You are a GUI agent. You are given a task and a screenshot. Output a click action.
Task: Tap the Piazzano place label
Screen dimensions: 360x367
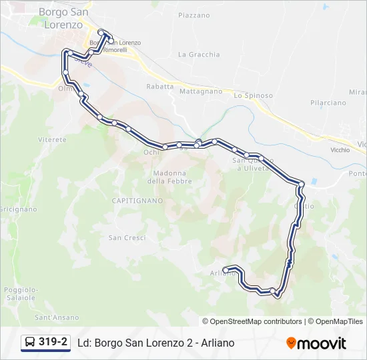pyautogui.click(x=194, y=15)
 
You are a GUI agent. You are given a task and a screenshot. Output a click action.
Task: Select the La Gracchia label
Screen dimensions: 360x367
pyautogui.click(x=199, y=55)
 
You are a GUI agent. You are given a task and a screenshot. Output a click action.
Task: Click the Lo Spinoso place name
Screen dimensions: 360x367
pyautogui.click(x=253, y=95)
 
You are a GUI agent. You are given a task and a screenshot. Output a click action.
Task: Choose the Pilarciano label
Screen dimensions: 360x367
pyautogui.click(x=328, y=103)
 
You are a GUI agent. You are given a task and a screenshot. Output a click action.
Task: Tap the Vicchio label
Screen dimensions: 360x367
pyautogui.click(x=340, y=150)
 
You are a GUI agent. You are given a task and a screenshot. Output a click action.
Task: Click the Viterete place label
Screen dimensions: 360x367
pyautogui.click(x=53, y=140)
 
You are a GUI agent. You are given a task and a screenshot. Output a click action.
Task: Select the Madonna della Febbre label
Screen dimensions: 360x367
pyautogui.click(x=169, y=176)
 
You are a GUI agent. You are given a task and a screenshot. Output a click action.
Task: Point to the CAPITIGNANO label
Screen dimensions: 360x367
pyautogui.click(x=137, y=200)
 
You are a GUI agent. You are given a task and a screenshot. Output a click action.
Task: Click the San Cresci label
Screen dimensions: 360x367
pyautogui.click(x=127, y=237)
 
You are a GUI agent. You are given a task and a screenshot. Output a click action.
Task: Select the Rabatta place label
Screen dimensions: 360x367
pyautogui.click(x=159, y=87)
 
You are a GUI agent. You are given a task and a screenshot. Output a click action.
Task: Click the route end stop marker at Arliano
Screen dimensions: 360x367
pyautogui.click(x=226, y=269)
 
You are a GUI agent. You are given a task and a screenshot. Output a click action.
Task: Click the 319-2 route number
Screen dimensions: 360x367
pyautogui.click(x=53, y=343)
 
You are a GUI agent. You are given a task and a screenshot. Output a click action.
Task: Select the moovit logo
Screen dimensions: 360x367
pyautogui.click(x=316, y=343)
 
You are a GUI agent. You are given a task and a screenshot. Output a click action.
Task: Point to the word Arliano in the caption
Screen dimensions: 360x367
pyautogui.click(x=216, y=343)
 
